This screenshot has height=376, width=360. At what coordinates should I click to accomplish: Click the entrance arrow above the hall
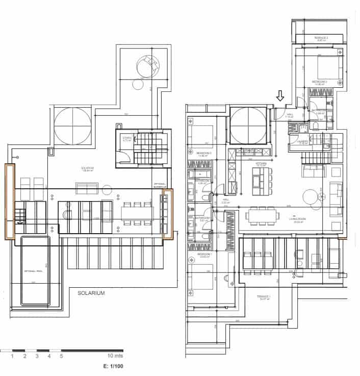point(279,95)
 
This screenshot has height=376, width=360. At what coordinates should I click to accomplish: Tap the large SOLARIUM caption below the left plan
point(91,293)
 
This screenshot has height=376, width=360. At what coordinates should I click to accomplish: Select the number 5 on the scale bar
point(62,356)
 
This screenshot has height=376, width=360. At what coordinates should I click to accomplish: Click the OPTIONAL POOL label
point(35,271)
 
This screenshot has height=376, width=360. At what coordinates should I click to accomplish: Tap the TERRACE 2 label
point(321,38)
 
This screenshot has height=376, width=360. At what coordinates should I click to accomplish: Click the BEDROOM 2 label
point(319,82)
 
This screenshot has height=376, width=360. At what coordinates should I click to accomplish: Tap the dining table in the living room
point(263,216)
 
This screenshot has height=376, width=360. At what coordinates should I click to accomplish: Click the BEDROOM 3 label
point(203,153)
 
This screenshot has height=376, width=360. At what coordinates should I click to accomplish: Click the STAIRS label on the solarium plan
point(127,138)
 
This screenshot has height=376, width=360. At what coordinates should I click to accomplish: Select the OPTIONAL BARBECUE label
point(161,186)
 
